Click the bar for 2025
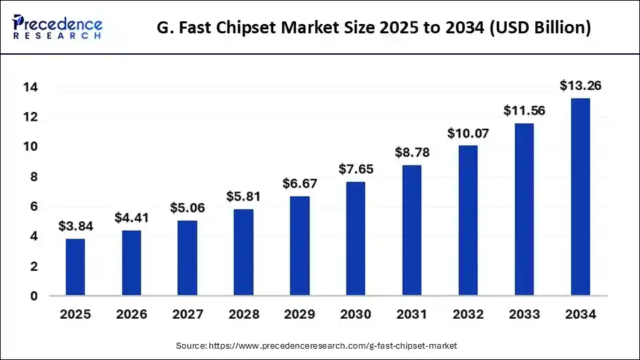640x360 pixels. point(75,267)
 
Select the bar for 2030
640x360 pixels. point(356,239)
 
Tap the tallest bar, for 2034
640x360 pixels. point(580,197)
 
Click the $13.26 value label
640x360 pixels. point(580,85)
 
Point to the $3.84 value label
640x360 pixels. point(75,226)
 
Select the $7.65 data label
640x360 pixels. point(356,169)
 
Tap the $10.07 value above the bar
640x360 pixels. point(468,133)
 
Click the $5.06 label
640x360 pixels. point(187,207)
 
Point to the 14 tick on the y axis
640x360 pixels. point(31,87)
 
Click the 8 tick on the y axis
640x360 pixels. point(33,177)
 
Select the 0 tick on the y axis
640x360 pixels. point(33,296)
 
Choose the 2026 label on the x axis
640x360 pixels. point(131,314)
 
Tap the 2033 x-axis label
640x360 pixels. point(524,314)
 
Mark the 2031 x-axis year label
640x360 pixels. point(412,314)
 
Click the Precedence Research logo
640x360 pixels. point(57,27)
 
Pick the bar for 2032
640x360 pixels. point(468,220)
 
